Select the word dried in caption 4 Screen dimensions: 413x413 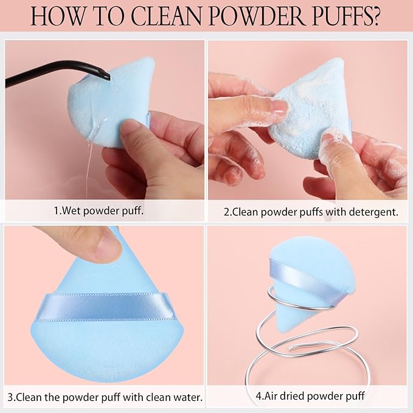tap(293, 397)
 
